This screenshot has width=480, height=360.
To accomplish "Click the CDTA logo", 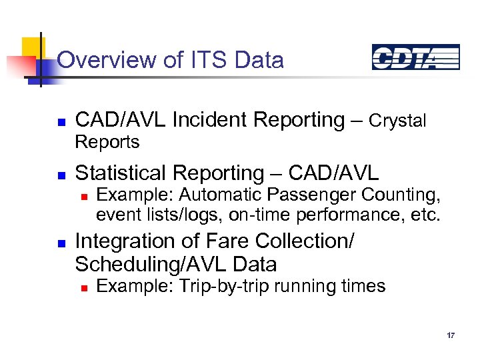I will click(x=415, y=57).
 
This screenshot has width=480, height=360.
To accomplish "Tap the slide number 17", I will click(x=451, y=335).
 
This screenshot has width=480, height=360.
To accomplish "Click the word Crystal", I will click(x=397, y=121).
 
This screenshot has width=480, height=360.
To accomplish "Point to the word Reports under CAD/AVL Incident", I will click(x=107, y=142).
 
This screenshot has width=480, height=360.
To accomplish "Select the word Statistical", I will click(x=122, y=173).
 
